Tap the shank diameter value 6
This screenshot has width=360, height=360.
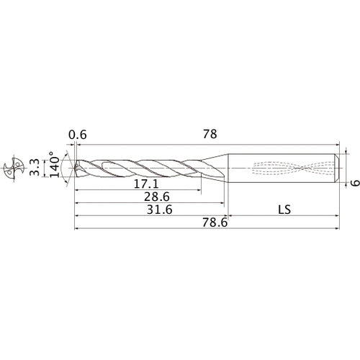click(354, 182)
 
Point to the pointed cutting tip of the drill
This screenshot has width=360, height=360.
click(75, 168)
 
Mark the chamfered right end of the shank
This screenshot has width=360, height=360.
click(339, 168)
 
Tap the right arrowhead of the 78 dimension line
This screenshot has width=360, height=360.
click(338, 143)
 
